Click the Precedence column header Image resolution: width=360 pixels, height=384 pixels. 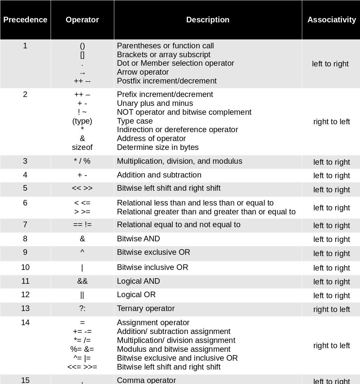(25, 20)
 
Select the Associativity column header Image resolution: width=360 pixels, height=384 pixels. (331, 20)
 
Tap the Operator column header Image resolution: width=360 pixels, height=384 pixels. (82, 20)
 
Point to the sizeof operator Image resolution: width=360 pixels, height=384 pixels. (82, 147)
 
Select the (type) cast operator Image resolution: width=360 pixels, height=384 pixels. (82, 121)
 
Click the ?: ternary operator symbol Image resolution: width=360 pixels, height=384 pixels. (82, 309)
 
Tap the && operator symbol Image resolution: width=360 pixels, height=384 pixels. (82, 281)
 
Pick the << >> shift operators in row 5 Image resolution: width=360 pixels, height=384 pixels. (82, 188)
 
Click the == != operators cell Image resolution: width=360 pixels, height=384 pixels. (82, 225)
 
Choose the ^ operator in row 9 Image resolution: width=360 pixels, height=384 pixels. (82, 252)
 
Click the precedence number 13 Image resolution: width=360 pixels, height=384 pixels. (25, 308)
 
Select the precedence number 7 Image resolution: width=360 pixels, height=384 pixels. (25, 225)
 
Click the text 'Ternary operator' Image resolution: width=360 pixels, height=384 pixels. (146, 308)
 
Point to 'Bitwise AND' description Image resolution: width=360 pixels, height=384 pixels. (138, 239)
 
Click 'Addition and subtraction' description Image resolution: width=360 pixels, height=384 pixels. (159, 175)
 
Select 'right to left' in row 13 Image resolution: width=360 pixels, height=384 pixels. (331, 309)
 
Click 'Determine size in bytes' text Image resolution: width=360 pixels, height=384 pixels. (158, 147)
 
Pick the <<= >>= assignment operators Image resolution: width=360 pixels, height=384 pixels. (82, 367)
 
